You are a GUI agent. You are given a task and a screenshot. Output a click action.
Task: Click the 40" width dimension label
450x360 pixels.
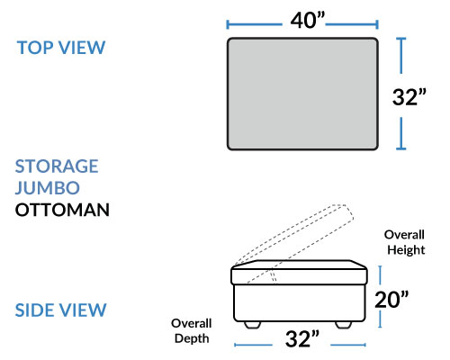(308, 21)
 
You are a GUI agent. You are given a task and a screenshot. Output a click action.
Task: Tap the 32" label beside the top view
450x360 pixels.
(409, 97)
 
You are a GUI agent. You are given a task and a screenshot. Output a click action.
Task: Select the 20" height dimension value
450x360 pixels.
(391, 300)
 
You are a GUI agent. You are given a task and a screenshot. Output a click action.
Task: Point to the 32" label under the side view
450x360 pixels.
(302, 339)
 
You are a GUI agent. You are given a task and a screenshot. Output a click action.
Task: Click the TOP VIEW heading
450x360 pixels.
(61, 48)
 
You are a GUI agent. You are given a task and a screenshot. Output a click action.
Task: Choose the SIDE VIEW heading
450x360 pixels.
(60, 310)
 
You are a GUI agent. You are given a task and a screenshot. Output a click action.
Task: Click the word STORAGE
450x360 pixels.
(57, 166)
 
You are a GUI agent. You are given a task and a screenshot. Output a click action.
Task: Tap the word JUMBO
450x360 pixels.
(48, 188)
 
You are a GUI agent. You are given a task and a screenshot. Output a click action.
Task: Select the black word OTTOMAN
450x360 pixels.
(62, 210)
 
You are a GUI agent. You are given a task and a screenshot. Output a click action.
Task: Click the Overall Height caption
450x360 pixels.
(405, 242)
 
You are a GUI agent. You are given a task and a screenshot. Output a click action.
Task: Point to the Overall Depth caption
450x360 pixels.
(192, 331)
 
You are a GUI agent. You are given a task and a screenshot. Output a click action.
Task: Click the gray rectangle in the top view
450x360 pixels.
(302, 94)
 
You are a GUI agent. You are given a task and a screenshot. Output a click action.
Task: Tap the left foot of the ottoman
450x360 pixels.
(252, 325)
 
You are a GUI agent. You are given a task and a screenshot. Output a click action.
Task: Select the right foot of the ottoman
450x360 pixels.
(343, 325)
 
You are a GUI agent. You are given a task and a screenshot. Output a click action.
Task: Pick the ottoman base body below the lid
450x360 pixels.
(300, 303)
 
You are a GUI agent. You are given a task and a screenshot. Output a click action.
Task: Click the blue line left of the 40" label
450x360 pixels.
(255, 24)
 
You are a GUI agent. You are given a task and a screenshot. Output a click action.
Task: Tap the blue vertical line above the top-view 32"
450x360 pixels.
(401, 56)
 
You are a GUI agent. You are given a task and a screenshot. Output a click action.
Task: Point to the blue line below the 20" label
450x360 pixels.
(380, 319)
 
